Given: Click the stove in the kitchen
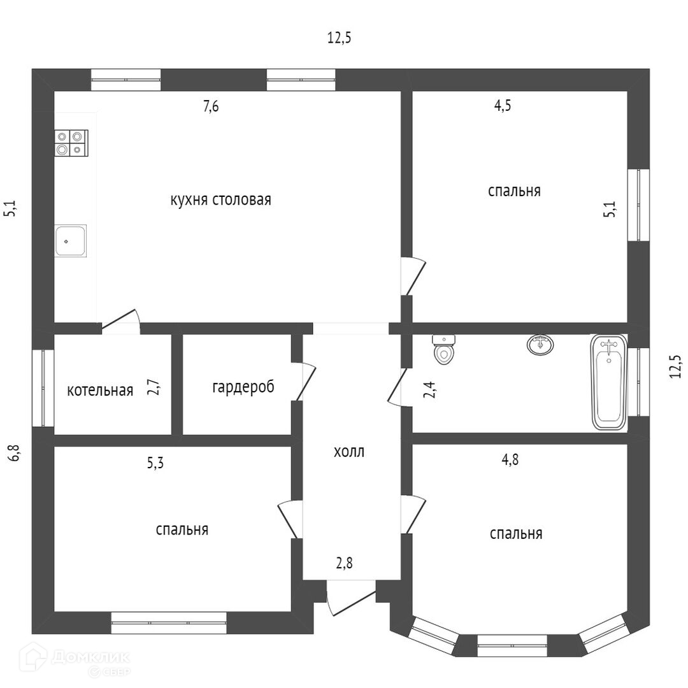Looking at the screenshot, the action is coord(71,143).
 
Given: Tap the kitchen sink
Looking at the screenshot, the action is coord(70,241).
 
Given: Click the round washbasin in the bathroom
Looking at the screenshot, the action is coord(540,345).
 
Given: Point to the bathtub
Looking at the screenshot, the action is coord(608,382).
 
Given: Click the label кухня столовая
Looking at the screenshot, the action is coord(220,199).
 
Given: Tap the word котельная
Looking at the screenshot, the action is coord(100,390).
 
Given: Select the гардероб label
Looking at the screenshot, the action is coord(243,387).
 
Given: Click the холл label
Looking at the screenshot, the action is coord(349,452).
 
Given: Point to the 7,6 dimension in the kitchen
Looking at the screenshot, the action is coord(211,107).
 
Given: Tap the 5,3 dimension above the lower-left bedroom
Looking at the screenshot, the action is coord(155,463).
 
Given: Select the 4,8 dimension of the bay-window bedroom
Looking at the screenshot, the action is coord(510,460).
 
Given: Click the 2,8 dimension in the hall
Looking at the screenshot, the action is coord(344,563).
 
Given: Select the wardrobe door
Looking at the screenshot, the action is coord(305,381).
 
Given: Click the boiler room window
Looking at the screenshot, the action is coord(43,387).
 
